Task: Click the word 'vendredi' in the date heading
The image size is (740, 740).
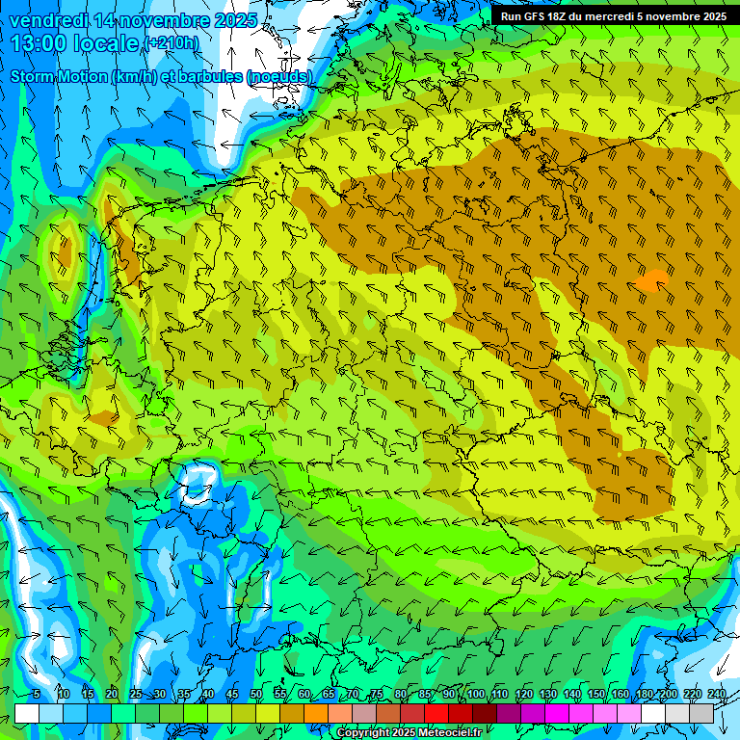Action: point(48,20)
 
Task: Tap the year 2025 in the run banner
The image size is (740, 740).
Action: point(710,16)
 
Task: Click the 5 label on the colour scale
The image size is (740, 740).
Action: point(36,695)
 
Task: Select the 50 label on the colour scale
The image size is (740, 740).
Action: point(255,695)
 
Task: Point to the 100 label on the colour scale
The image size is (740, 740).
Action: point(475,695)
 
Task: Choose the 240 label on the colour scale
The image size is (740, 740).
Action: point(716,695)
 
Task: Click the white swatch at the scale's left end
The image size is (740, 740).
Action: point(27,713)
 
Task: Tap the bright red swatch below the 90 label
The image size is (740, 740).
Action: point(436,713)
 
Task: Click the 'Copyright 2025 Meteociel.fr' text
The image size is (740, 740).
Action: point(422,733)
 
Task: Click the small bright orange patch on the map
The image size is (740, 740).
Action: point(653,280)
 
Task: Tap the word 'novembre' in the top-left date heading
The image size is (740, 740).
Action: point(153,20)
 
